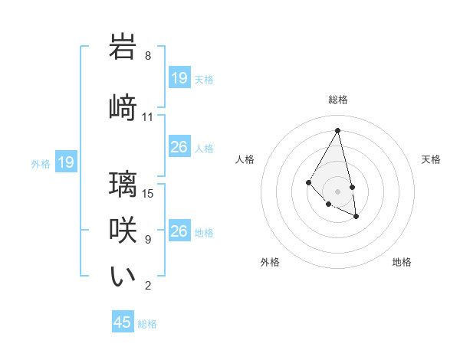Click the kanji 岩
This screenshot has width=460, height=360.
click(x=123, y=47)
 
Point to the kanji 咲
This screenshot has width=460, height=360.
click(x=123, y=231)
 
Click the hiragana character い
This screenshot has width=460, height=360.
click(x=123, y=277)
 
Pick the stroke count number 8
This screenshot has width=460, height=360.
click(x=148, y=57)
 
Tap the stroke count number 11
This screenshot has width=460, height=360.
click(x=148, y=117)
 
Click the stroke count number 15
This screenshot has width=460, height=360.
click(x=148, y=193)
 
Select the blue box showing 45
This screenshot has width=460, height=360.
click(x=123, y=322)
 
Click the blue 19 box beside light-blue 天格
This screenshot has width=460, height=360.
click(x=179, y=78)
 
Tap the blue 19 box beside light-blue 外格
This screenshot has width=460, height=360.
click(x=65, y=162)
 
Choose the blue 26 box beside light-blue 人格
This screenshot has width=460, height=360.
click(x=179, y=147)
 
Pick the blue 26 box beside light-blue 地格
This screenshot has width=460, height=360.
click(x=179, y=231)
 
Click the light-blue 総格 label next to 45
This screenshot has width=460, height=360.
click(x=147, y=324)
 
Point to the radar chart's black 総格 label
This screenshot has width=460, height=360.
click(x=338, y=100)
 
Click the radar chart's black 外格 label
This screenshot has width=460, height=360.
click(x=270, y=262)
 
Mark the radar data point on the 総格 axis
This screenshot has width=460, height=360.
click(x=338, y=130)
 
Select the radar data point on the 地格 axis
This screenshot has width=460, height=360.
click(x=356, y=217)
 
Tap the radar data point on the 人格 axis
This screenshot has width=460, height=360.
click(x=308, y=182)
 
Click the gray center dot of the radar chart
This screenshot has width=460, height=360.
click(x=338, y=191)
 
